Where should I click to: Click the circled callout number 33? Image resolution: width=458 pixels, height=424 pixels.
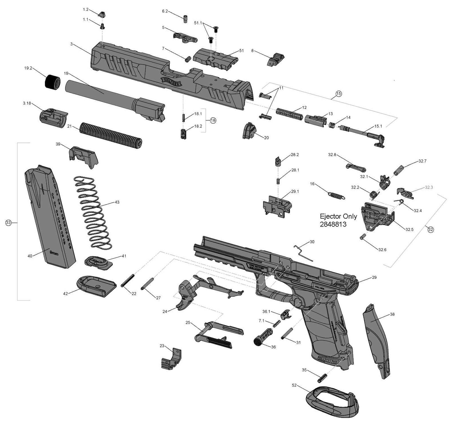pyautogui.click(x=8, y=223)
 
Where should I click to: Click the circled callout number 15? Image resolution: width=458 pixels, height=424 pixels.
pyautogui.click(x=338, y=94)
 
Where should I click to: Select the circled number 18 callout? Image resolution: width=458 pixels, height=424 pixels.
pyautogui.click(x=213, y=120)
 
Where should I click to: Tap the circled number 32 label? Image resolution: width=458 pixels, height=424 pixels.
pyautogui.click(x=430, y=229)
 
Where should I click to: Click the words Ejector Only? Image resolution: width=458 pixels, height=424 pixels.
pyautogui.click(x=338, y=216)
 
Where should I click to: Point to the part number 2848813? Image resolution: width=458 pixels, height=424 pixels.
pyautogui.click(x=333, y=224)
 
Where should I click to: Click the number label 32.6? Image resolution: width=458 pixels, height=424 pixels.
pyautogui.click(x=382, y=249)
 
